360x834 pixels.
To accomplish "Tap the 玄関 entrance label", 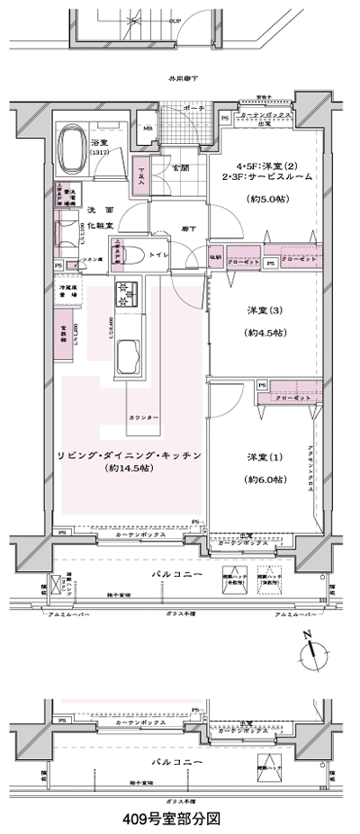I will [181, 168].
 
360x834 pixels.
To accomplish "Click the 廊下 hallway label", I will [181, 229].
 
